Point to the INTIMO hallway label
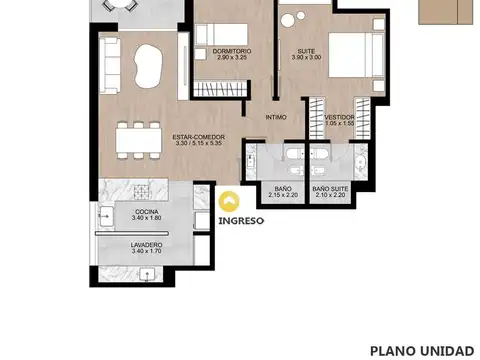[x=276, y=117]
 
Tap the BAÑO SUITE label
[x=329, y=187]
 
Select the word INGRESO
[x=241, y=222]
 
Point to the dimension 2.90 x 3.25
[x=231, y=57]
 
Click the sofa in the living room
[x=110, y=65]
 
